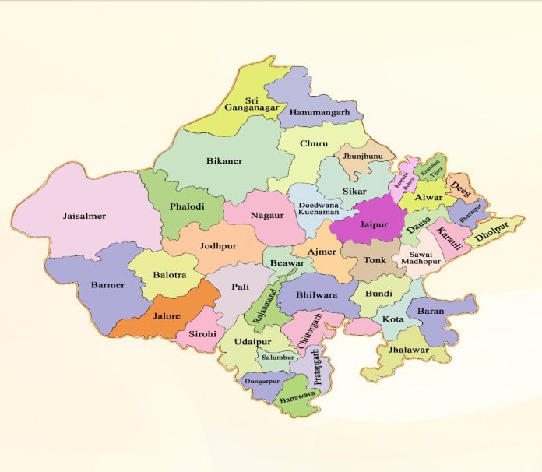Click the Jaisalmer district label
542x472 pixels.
pos(84,215)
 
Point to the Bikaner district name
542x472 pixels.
pos(224,160)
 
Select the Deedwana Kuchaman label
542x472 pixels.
pos(319,208)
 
